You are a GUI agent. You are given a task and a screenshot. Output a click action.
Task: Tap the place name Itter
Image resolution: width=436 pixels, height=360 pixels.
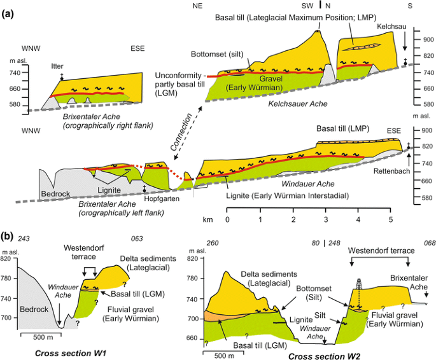(56, 66)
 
